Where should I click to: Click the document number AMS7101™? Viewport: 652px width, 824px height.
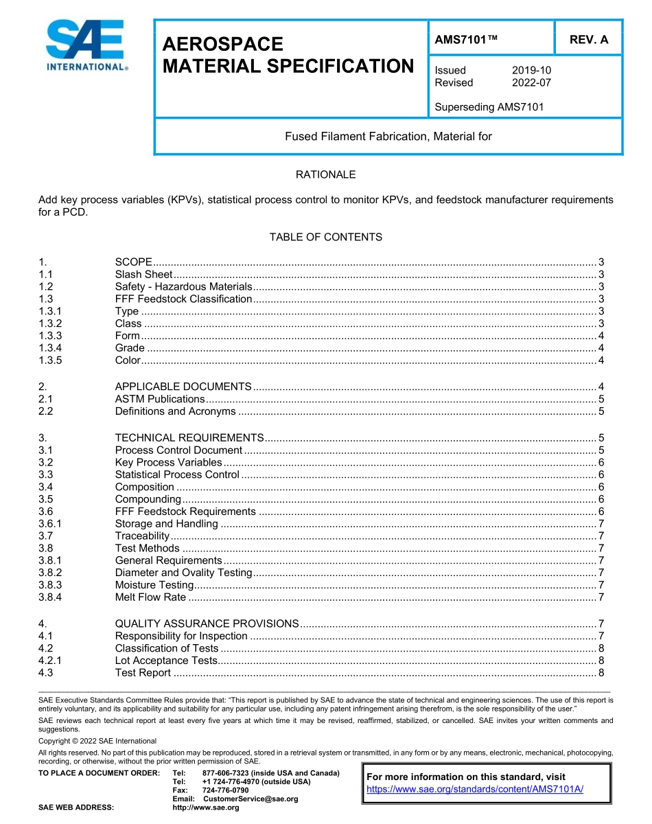[466, 40]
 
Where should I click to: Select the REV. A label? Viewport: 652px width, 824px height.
[589, 40]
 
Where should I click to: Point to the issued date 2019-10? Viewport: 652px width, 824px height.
[531, 70]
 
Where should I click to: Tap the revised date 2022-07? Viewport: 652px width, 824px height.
[531, 82]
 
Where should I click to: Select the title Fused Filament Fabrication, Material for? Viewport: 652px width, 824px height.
[388, 136]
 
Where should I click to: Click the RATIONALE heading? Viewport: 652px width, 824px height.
[325, 174]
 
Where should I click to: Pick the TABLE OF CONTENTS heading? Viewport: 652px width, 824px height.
[325, 237]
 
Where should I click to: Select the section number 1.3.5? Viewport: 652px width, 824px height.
[51, 360]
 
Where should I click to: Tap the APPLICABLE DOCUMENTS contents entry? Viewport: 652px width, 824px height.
[183, 387]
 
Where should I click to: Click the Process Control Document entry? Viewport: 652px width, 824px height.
[178, 450]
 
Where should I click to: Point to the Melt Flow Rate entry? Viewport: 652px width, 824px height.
[150, 597]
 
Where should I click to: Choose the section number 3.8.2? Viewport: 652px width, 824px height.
[51, 573]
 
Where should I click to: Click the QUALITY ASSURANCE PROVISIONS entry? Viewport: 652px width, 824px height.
[207, 623]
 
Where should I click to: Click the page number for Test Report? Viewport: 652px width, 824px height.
[601, 673]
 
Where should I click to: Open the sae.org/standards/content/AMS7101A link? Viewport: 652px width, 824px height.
[475, 789]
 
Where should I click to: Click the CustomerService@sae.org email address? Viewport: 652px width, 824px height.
[251, 799]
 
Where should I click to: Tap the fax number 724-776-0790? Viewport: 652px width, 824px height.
[226, 790]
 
